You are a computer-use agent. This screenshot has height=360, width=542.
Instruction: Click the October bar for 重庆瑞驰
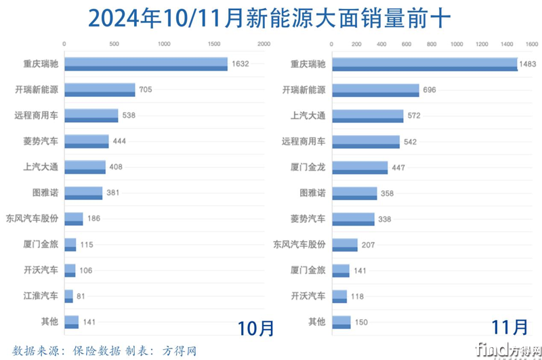coord(146,64)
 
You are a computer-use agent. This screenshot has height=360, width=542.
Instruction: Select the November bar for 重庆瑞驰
coord(425,64)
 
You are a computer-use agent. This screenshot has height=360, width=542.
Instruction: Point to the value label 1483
coord(527,64)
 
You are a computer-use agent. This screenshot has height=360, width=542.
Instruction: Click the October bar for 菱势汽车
coord(86,141)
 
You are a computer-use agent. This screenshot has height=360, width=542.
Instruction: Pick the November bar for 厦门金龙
coord(360,167)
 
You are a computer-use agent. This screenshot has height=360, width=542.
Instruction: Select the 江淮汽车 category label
coord(41,296)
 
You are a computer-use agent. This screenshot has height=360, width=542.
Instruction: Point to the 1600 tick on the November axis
coord(532,44)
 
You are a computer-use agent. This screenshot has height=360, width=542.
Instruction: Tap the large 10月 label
coord(255,327)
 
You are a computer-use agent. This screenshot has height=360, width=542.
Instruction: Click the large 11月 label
coord(509,327)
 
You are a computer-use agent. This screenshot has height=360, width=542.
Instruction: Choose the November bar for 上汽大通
coord(368,115)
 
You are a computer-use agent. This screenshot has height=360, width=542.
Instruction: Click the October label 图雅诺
coord(45,193)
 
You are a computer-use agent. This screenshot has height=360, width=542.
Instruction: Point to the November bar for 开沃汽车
coord(339,296)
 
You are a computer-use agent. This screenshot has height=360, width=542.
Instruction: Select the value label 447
coord(399,167)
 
